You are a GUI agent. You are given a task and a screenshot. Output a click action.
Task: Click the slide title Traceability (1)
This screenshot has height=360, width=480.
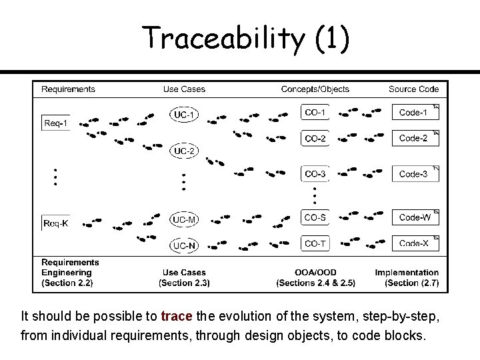pos(245,38)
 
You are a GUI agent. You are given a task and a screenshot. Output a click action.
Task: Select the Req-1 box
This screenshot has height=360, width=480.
pos(55,123)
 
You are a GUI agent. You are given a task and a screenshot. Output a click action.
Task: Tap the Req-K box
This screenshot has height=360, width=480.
pos(55,223)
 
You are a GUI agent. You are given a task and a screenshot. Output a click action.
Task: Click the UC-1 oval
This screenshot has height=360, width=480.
pos(184,115)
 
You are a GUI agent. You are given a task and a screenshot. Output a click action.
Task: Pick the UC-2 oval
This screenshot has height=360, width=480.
pos(184,151)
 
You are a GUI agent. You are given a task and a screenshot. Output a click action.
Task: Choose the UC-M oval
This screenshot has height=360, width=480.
pos(184,219)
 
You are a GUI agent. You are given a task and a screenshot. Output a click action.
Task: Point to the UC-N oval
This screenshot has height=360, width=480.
pos(184,246)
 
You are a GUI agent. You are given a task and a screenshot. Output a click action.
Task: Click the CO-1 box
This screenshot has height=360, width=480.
pos(315,113)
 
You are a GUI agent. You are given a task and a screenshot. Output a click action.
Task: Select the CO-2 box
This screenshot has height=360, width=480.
pos(315,139)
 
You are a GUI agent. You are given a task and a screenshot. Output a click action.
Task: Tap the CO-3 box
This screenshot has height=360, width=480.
pos(315,174)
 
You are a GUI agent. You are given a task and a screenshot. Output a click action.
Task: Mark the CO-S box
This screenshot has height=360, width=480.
pos(315,217)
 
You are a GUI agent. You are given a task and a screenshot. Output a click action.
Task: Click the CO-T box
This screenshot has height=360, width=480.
pos(315,243)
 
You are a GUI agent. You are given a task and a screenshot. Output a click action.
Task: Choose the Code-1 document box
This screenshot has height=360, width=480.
pos(415,113)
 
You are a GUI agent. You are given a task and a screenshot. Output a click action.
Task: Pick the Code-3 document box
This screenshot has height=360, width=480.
pos(415,174)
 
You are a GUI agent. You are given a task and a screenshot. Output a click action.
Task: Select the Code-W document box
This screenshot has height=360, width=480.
pos(415,217)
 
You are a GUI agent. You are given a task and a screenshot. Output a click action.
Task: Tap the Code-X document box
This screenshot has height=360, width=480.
pos(415,243)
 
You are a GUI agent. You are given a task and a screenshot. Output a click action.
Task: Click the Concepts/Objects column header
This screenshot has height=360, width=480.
pos(315,89)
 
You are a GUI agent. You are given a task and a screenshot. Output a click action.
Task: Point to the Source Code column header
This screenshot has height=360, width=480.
pos(413,89)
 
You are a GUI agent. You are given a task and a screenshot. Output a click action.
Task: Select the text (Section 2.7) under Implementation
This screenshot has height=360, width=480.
pos(411,283)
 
